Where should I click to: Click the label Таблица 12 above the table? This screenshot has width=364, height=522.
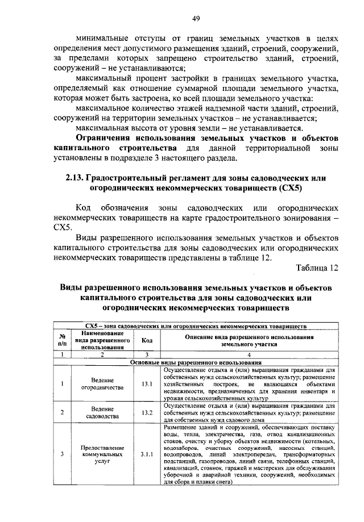pyautogui.click(x=318, y=267)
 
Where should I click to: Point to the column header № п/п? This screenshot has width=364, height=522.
pyautogui.click(x=62, y=341)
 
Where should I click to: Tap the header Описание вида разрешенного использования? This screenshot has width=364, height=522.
pyautogui.click(x=249, y=340)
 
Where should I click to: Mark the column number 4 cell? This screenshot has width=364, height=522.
pyautogui.click(x=249, y=354)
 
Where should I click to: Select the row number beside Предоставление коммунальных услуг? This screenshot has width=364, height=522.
pyautogui.click(x=62, y=454)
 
